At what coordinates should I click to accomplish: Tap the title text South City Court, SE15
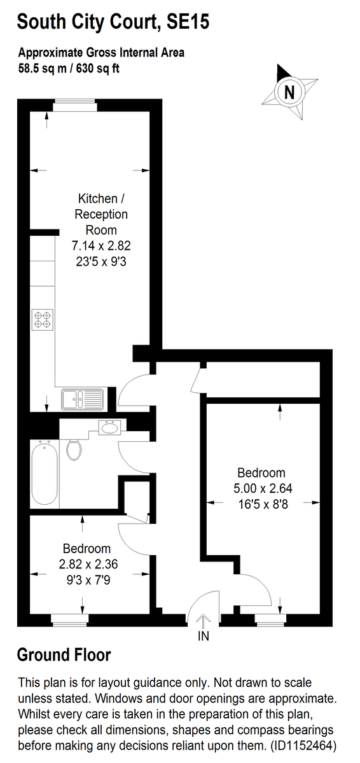tap(113, 24)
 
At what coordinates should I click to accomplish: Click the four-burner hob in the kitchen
tap(43, 319)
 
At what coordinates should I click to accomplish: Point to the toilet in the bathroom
tap(74, 449)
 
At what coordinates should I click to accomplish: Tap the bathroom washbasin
tap(109, 427)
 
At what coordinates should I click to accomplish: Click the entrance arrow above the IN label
tap(204, 620)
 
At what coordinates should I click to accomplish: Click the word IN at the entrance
tap(204, 635)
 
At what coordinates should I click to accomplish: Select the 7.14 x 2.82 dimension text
tap(102, 245)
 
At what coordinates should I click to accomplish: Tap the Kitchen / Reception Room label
tap(102, 214)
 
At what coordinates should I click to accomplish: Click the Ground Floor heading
tap(64, 655)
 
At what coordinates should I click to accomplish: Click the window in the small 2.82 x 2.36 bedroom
tap(69, 616)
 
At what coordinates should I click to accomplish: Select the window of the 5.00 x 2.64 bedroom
tap(270, 616)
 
